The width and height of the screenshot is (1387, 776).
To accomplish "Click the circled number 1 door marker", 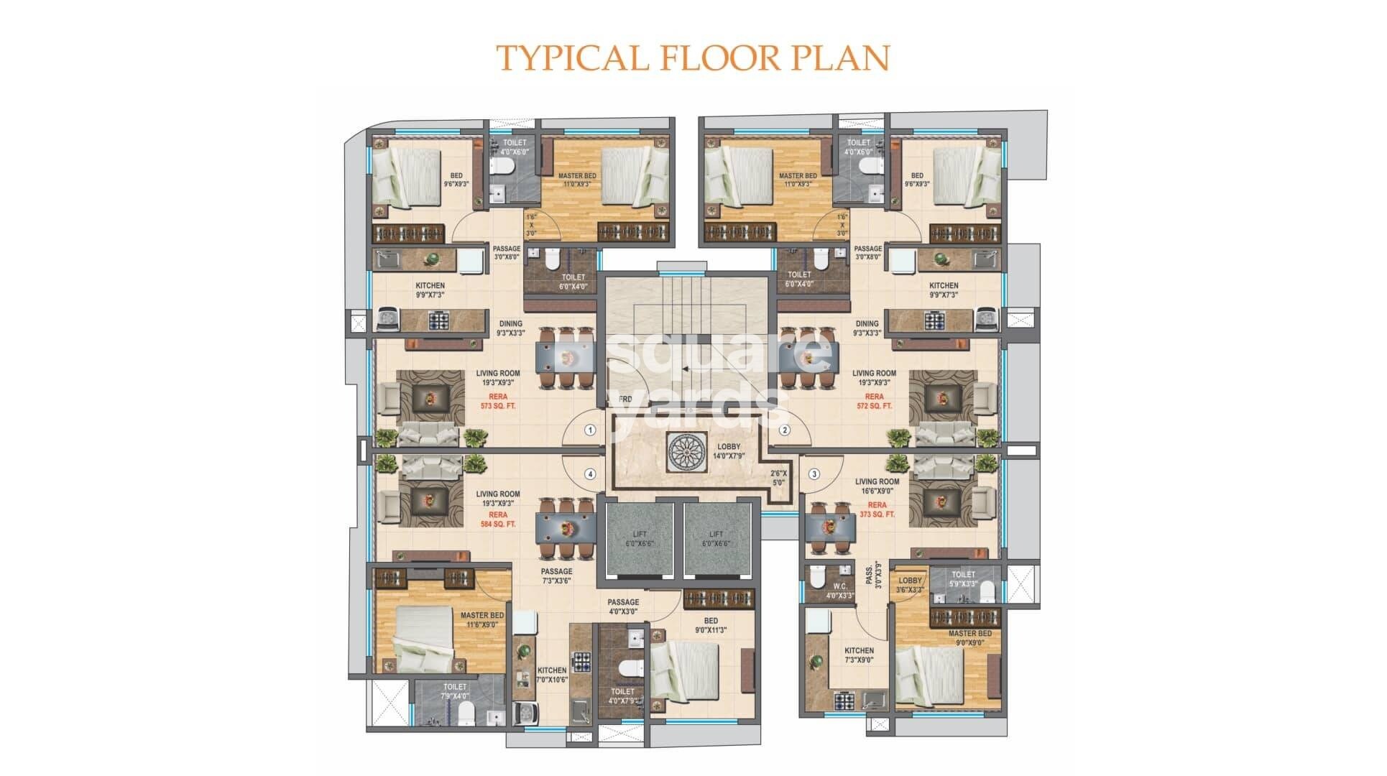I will (590, 430).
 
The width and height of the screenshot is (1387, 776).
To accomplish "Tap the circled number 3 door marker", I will (814, 474).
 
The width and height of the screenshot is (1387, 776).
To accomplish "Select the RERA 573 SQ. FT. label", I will (497, 401).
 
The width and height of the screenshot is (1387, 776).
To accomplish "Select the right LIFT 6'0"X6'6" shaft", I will (716, 539).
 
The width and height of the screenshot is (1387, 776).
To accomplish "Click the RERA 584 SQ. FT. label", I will (497, 519).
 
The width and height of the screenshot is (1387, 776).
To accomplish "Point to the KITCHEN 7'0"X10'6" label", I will (552, 675).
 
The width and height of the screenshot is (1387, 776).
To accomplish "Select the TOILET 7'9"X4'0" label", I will (455, 691).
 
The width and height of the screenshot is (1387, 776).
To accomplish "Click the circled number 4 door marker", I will (590, 474).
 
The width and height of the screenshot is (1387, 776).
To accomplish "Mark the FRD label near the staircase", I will (625, 399).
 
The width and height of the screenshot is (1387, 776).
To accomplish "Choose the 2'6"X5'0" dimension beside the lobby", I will (778, 478).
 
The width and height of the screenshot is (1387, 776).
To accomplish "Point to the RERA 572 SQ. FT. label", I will (874, 401).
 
